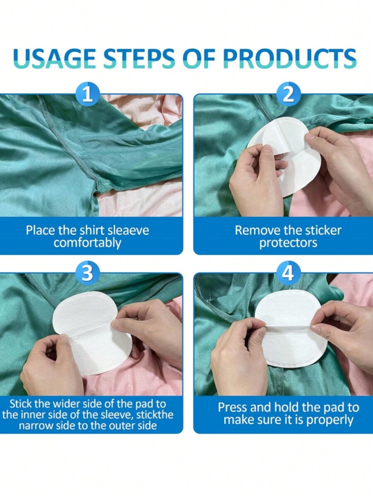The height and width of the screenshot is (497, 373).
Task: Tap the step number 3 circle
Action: point(87,273)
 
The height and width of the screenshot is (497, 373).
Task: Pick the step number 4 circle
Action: point(288,273)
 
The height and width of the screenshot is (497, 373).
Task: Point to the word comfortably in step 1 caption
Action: point(87,243)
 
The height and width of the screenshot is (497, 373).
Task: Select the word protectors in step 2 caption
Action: point(288,243)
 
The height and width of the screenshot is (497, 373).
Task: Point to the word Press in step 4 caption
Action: point(235,407)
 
